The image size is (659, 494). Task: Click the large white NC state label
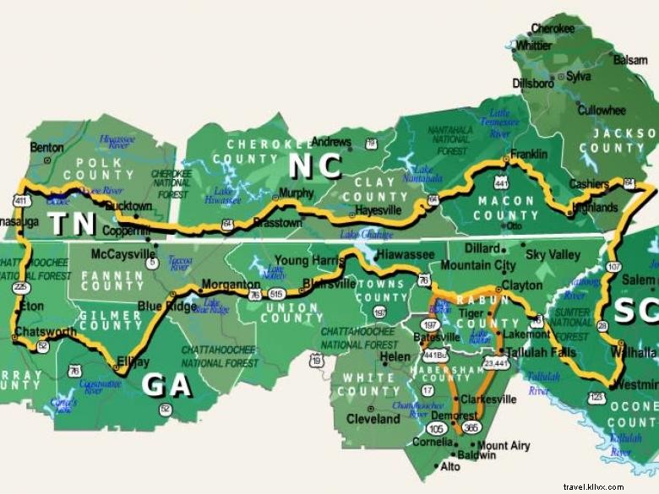(314, 166)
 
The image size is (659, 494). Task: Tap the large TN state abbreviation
(70, 224)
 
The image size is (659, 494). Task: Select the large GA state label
(166, 385)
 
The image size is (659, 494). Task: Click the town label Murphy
(296, 193)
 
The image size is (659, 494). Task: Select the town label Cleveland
(373, 418)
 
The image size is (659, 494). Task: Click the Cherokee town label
(553, 28)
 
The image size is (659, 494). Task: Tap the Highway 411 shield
(19, 200)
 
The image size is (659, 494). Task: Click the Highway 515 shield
(276, 293)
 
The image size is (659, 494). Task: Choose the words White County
(368, 385)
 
